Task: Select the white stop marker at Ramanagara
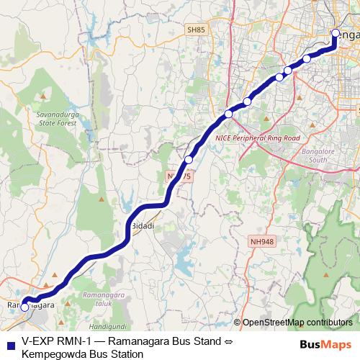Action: click(25, 307)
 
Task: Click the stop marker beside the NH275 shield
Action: click(189, 160)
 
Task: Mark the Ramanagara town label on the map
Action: click(31, 305)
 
